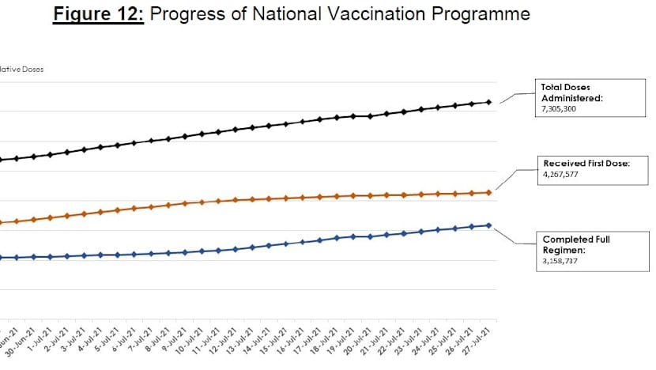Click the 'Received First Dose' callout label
pos(585,163)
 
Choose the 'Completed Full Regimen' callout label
pos(575,244)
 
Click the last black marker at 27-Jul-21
pos(489,102)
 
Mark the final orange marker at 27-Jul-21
pos(489,192)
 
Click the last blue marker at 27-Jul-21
pos(489,225)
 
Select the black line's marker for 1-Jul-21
pos(51,154)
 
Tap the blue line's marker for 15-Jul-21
pos(286,244)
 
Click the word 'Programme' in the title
pos(480,15)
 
